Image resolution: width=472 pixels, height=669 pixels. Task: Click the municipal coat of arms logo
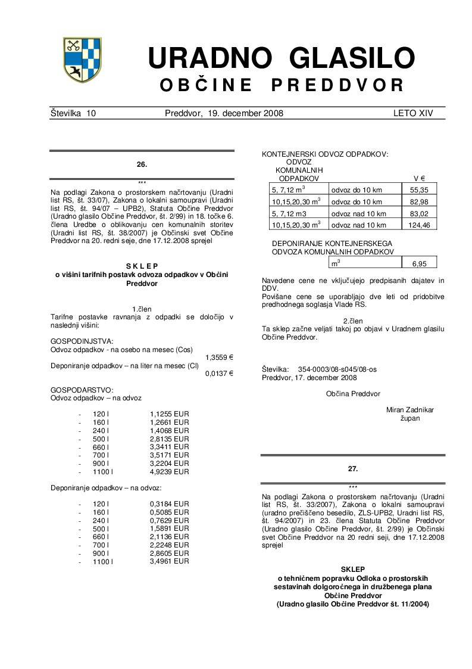(82, 60)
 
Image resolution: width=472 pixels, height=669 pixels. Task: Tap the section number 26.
(142, 163)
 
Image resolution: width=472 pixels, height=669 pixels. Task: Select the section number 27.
(353, 469)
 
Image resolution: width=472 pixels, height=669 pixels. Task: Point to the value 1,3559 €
(219, 357)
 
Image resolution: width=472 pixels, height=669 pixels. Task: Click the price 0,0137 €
(219, 374)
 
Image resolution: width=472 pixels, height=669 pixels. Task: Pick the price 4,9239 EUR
(170, 471)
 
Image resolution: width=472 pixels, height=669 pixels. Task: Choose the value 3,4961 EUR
(170, 561)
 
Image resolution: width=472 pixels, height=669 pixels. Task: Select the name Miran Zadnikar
(410, 410)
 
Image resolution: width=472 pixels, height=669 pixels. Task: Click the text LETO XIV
(413, 113)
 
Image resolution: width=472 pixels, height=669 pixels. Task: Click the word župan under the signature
(410, 418)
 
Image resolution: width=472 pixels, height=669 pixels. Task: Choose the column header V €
(419, 178)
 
